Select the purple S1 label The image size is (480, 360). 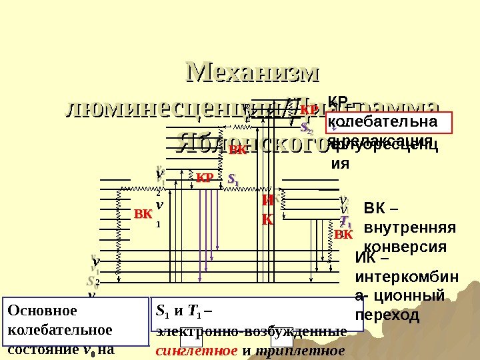tap(233, 179)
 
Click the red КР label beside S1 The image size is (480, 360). tap(204, 179)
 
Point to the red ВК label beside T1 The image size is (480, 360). tap(343, 235)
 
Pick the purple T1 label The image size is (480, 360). tap(345, 221)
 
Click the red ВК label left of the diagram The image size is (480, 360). tap(143, 215)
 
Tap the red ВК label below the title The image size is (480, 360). tap(237, 150)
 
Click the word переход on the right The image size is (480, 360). tap(388, 314)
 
